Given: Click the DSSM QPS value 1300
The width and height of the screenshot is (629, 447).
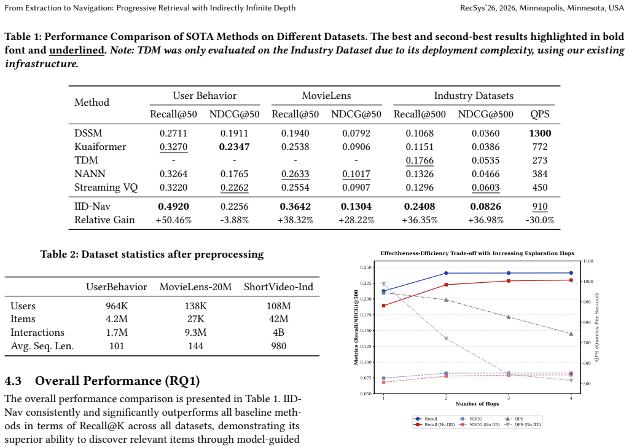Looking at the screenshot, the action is pyautogui.click(x=540, y=133).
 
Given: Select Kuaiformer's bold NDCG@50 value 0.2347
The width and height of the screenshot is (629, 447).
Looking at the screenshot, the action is pyautogui.click(x=234, y=146).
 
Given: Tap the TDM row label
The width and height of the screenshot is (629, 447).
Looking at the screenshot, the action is pyautogui.click(x=86, y=160).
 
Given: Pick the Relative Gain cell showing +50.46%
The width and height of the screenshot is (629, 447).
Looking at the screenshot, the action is pyautogui.click(x=173, y=220).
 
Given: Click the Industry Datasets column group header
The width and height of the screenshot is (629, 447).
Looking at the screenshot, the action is pyautogui.click(x=474, y=95).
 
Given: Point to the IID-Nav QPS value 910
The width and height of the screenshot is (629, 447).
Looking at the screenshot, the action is pyautogui.click(x=540, y=207).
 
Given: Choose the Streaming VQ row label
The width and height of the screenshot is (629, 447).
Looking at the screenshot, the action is pyautogui.click(x=106, y=188).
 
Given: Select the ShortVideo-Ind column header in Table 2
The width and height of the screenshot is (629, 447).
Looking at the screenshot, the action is pyautogui.click(x=278, y=287).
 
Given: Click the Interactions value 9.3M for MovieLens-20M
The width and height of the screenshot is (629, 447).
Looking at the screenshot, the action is pyautogui.click(x=195, y=333).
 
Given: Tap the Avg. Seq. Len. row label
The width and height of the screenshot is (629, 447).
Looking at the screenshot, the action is pyautogui.click(x=42, y=346).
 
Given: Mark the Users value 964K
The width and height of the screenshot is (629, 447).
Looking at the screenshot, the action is pyautogui.click(x=117, y=306).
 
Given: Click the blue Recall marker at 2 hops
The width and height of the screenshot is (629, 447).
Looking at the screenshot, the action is pyautogui.click(x=446, y=273).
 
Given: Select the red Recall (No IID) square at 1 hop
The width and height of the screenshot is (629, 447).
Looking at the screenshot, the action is pyautogui.click(x=383, y=306).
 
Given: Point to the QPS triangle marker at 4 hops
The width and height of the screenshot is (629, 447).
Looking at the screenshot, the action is pyautogui.click(x=571, y=334).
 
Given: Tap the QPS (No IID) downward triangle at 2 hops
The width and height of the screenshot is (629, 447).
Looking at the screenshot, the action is pyautogui.click(x=446, y=339).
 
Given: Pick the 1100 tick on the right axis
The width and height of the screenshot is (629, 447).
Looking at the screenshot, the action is pyautogui.click(x=588, y=261).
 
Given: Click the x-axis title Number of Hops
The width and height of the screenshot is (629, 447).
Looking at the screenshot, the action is pyautogui.click(x=477, y=403).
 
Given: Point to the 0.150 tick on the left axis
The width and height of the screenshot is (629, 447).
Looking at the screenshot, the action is pyautogui.click(x=365, y=331).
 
